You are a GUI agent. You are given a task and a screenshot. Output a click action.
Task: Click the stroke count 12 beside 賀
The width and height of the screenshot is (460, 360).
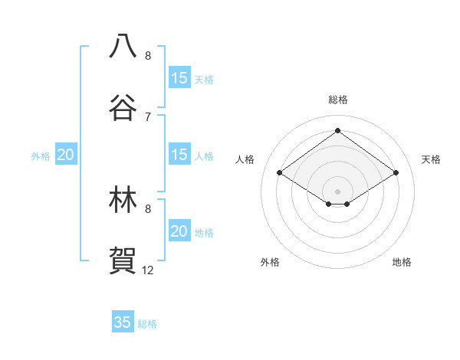point(147,270)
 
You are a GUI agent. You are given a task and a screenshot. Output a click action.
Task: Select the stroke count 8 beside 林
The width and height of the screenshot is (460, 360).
point(147,208)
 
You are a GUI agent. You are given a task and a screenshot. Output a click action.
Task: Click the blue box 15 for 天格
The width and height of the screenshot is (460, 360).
point(179,78)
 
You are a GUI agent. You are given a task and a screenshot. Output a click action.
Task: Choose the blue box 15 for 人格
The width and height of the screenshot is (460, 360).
point(179,155)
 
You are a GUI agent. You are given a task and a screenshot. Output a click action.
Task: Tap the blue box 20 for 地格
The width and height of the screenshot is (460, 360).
point(179,231)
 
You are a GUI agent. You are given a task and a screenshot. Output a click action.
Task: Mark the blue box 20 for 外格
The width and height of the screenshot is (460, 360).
point(65,155)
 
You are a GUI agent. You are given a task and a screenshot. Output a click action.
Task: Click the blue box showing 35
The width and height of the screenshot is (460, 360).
point(123,322)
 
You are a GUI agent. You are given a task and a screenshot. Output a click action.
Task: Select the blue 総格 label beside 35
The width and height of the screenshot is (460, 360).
point(147,324)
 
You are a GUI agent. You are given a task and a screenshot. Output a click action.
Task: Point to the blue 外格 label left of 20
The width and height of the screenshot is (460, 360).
point(41,156)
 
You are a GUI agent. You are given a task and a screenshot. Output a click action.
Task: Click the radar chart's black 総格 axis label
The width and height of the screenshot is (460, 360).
point(338,100)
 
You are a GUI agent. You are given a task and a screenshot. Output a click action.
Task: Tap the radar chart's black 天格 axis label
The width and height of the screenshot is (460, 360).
point(431,159)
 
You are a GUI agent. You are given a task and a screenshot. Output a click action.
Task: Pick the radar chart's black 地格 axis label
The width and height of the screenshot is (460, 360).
point(402,262)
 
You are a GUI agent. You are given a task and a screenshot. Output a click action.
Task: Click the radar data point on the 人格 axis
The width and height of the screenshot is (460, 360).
point(280,173)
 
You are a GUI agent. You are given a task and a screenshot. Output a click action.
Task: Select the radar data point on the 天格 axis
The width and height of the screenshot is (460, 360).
point(396,173)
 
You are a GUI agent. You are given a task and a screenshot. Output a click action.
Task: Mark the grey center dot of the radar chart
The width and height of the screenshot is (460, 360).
point(338,191)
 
